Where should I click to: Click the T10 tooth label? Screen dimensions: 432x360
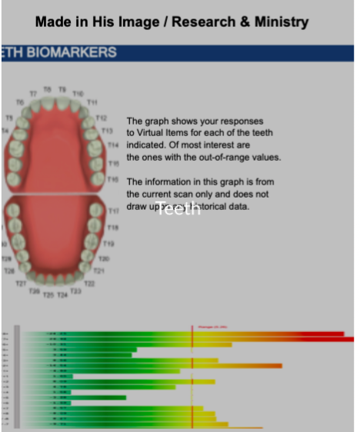tap(78, 94)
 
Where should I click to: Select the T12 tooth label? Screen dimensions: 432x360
tap(101, 118)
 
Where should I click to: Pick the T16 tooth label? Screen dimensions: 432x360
tap(112, 178)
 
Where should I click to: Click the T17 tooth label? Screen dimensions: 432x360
tap(112, 210)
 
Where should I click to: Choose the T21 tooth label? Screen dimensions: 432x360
tap(98, 271)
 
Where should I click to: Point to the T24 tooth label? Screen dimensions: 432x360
tap(62, 294)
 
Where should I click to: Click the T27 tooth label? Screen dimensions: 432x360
tap(22, 284)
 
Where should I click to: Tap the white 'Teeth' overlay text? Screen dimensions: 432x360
tap(179, 208)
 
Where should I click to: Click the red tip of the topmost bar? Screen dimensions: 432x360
tap(338, 334)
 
